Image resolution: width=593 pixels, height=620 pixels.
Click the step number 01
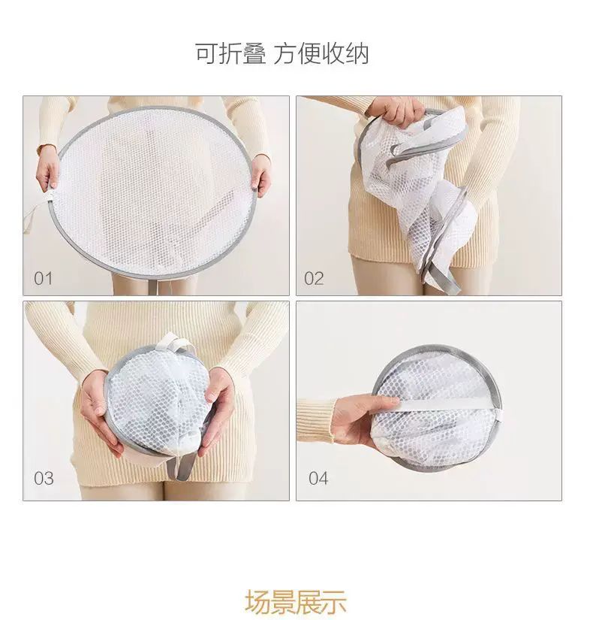point(43,278)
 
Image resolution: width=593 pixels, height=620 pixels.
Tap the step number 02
point(314,278)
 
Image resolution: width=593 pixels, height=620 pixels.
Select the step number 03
point(44,479)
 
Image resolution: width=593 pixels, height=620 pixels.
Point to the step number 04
point(318,479)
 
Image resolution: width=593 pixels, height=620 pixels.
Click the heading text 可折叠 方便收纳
point(282,54)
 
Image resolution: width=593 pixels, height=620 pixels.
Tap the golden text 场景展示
point(296,602)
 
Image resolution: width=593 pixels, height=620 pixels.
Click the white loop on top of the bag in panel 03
point(174,343)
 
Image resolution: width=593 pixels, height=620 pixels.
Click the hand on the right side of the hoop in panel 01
point(261,175)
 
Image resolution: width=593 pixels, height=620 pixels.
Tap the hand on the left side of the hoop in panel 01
point(47,170)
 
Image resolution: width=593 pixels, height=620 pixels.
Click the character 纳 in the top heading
point(357,54)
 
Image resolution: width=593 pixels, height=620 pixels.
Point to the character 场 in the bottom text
point(257,602)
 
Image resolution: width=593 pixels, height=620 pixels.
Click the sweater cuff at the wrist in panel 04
point(316,420)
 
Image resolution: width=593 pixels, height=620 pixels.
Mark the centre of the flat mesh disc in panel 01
point(155,192)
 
